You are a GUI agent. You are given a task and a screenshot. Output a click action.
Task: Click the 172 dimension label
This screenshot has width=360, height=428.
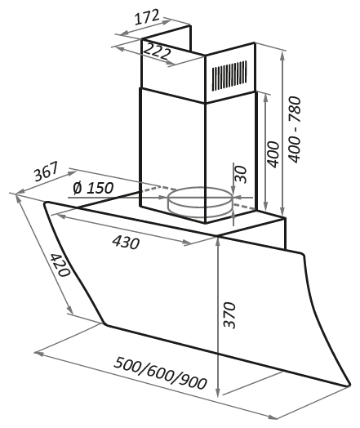coord(147,17)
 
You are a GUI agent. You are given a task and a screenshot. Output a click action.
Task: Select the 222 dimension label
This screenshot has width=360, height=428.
coord(157,51)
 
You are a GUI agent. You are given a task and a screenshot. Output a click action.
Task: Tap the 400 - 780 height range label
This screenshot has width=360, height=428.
coord(295,130)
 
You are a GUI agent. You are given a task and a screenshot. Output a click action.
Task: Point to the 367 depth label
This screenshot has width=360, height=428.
coord(46,172)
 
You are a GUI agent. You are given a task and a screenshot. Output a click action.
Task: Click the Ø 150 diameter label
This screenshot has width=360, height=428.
coord(93,188)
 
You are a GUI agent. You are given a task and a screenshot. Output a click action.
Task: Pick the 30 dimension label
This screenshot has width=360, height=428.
coord(241,175)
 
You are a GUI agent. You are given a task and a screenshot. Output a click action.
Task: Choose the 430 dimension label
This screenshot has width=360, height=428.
coord(126,242)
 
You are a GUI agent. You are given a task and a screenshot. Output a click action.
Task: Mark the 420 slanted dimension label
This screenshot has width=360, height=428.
coord(60,265)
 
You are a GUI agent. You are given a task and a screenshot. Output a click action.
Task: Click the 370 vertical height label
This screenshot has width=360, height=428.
coord(229,314)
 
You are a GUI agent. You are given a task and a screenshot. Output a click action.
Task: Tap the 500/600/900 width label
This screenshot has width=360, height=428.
coord(160,373)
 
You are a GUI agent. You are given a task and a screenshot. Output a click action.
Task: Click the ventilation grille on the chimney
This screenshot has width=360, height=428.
coord(229,76)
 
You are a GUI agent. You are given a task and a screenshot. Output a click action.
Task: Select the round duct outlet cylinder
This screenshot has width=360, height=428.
coord(201,202)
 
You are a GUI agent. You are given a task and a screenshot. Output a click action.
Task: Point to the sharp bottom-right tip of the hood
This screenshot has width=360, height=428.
coord(349,386)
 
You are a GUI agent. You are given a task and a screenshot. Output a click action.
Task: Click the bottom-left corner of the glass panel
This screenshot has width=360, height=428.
coord(104,324)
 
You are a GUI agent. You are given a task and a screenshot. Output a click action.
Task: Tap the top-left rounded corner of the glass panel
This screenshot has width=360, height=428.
coord(46,203)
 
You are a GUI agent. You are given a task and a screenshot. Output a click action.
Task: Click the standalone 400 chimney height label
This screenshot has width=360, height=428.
coord(273,154)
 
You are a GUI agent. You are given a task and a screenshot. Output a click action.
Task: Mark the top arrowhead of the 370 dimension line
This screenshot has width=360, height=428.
coord(217,241)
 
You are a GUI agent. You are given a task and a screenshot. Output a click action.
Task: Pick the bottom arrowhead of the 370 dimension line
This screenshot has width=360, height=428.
coord(217,394)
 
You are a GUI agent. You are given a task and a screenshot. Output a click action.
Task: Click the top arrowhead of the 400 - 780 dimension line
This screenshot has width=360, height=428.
coord(282,56)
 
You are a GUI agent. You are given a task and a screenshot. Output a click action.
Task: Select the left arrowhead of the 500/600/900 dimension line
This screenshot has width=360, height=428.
coord(38,354)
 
